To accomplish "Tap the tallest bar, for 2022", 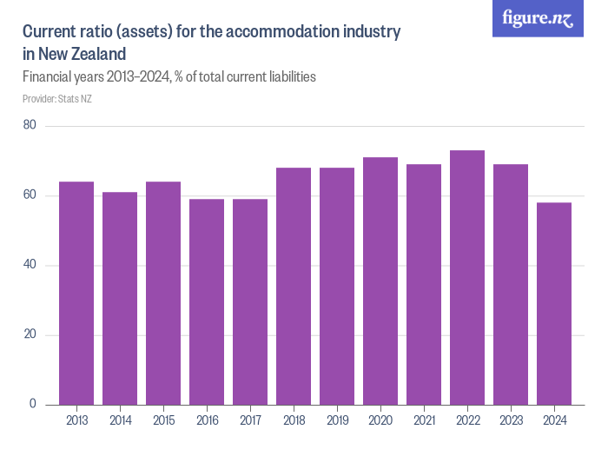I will pos(467,278).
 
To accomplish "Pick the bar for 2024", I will pos(554,304).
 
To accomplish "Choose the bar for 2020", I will pos(380,281).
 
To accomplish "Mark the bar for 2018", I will pos(294,287).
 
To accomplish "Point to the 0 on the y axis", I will pos(32,404).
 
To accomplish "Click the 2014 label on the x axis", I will pos(120,421).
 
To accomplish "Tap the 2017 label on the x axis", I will pos(250,421).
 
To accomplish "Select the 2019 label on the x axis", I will pos(337,421).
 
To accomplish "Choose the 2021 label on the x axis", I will pos(424,421).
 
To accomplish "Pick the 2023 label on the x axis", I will pos(511,421).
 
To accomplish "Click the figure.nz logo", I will pos(538,19).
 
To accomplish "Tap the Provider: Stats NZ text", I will pos(57,99).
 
